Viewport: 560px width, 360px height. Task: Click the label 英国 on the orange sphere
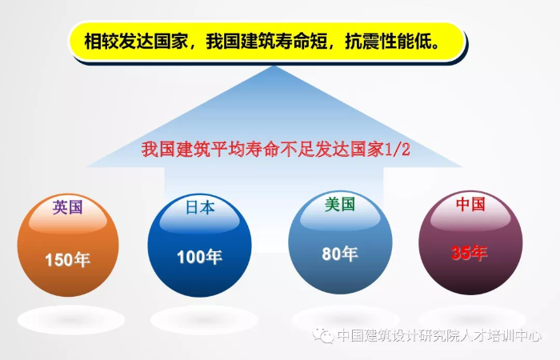67,207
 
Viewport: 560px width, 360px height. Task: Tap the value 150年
67,259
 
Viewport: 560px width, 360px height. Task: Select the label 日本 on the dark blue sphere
200,207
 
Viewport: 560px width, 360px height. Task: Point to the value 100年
200,257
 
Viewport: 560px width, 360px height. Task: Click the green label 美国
340,204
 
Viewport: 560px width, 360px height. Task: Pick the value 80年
340,254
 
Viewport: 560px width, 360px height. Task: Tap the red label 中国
470,204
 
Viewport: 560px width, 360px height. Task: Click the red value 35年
470,253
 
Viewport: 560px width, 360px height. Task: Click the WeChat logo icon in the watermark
323,336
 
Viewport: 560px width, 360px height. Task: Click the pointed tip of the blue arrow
274,66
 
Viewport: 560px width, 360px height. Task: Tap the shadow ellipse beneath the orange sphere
71,320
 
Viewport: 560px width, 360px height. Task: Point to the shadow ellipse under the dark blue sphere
204,320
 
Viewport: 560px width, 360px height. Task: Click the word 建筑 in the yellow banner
258,42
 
